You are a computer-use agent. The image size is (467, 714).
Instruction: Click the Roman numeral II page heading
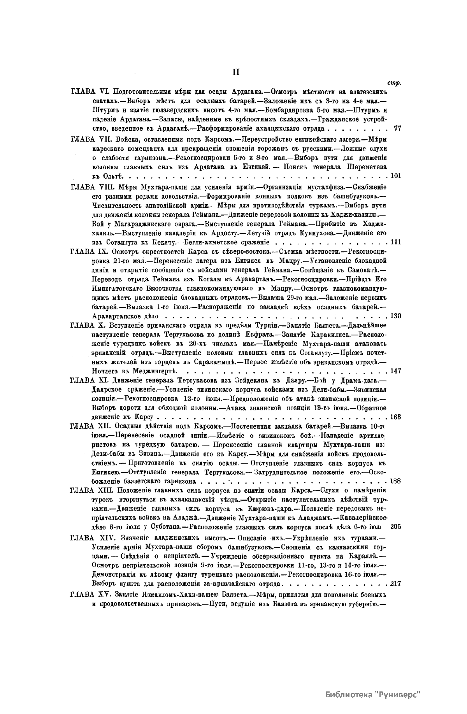point(236,72)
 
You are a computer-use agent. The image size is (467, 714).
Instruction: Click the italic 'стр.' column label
point(395,82)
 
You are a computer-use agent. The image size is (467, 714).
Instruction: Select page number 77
point(397,128)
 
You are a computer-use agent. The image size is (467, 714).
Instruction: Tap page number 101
point(395,175)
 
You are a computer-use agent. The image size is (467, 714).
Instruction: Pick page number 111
point(395,242)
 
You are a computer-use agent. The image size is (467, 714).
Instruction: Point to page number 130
point(395,316)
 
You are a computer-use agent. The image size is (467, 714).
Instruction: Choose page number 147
point(395,371)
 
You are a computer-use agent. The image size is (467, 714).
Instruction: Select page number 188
point(395,481)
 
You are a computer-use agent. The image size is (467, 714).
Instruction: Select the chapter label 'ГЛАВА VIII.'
point(92,186)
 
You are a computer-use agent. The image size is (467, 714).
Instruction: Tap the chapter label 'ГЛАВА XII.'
point(91,426)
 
